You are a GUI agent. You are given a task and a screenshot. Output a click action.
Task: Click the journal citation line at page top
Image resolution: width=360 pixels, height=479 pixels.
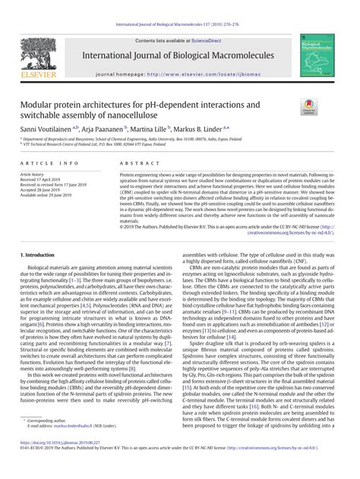(x=180, y=5)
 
